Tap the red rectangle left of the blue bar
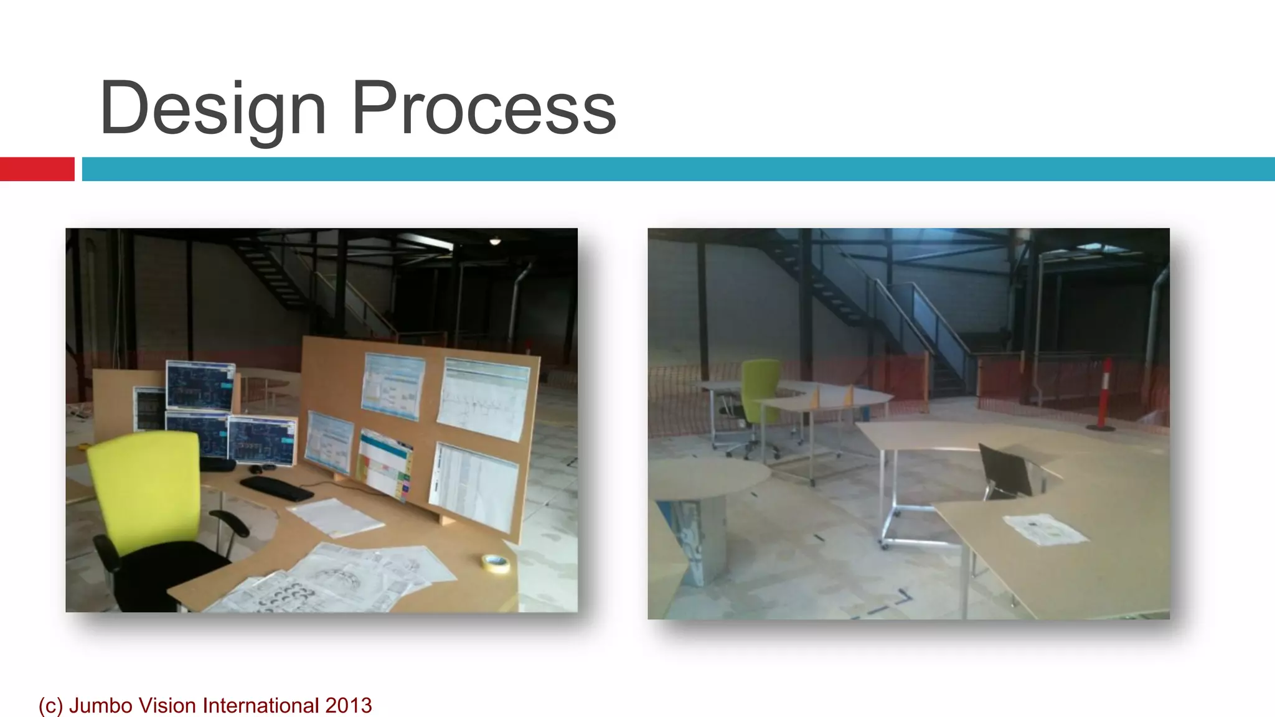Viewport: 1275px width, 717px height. tap(37, 169)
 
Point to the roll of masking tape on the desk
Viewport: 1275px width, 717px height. tap(496, 563)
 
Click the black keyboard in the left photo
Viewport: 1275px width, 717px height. tap(276, 489)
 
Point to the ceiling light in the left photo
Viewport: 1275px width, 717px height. tap(495, 241)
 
